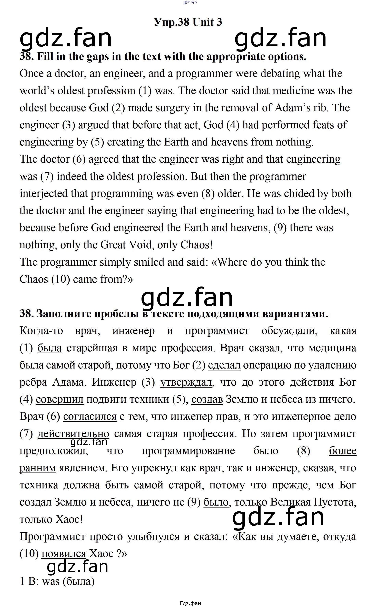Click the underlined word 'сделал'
(224, 365)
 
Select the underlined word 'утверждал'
(186, 382)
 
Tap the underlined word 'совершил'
(60, 399)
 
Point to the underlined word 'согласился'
(90, 416)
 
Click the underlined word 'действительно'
(73, 434)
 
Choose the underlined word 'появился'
(64, 554)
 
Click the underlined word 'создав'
(207, 399)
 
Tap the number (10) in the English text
(60, 279)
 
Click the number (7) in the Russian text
(26, 434)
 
